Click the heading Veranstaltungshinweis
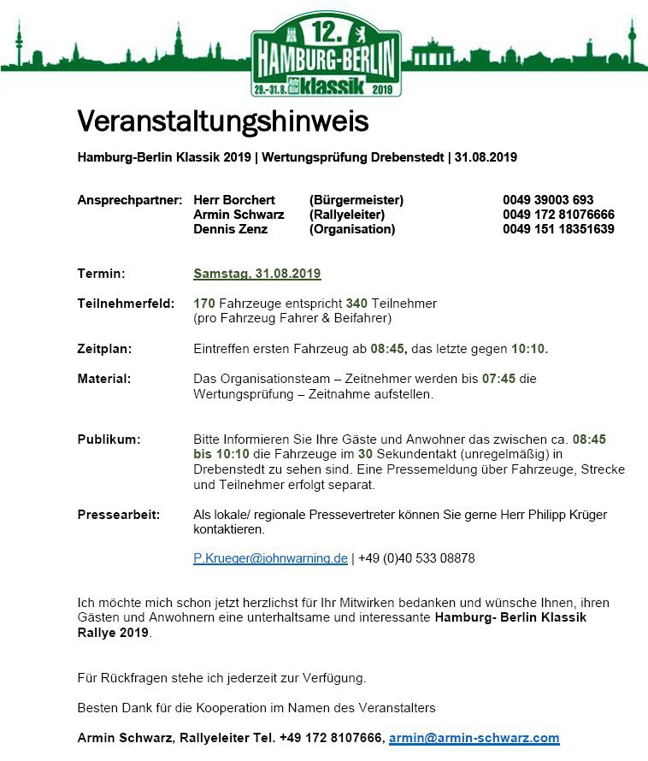[x=222, y=121]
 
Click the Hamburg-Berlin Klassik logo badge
[x=325, y=54]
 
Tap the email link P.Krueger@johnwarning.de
[x=270, y=558]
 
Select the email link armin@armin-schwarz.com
[x=474, y=738]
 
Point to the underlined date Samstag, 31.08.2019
[x=256, y=274]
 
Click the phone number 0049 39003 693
[x=548, y=200]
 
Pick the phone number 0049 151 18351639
[x=558, y=229]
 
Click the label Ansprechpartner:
[x=130, y=200]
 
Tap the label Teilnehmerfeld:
[x=126, y=304]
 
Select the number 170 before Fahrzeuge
[x=204, y=304]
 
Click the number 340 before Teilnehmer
[x=356, y=304]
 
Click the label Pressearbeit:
[x=121, y=515]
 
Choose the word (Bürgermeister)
[x=356, y=200]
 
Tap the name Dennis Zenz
[x=230, y=229]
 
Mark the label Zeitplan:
[x=104, y=349]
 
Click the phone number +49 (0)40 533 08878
[x=416, y=558]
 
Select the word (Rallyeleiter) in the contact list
[x=346, y=215]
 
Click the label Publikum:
[x=109, y=439]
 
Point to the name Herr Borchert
[x=234, y=200]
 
